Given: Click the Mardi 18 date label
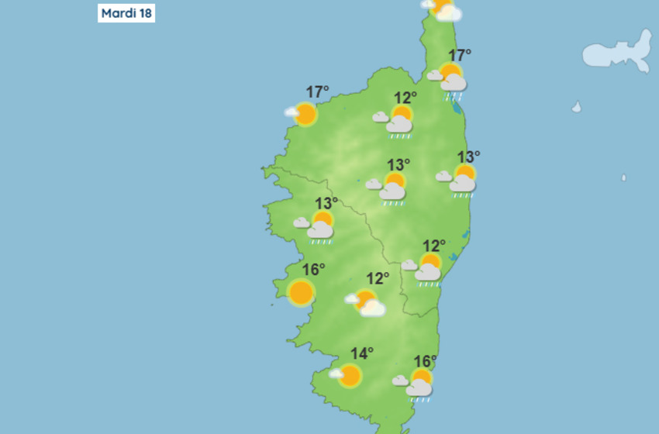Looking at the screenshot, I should [x=126, y=14].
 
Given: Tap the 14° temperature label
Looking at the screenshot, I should [x=361, y=354].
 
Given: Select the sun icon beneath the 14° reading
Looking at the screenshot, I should [x=348, y=376].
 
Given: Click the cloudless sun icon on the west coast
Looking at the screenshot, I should [x=301, y=293].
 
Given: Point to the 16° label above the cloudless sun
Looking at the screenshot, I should [x=313, y=270].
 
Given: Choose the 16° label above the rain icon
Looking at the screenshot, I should [x=425, y=361].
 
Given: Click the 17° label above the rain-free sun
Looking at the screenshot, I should [x=317, y=92].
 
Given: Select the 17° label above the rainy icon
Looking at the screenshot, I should [x=460, y=55].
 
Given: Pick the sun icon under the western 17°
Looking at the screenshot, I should [x=305, y=115].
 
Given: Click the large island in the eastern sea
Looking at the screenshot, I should [x=618, y=53].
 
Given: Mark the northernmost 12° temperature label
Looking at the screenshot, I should [x=405, y=98].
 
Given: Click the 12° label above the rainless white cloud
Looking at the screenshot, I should [x=378, y=278].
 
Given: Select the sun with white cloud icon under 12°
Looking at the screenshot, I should [x=367, y=302].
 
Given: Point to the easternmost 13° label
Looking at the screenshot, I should [x=468, y=157].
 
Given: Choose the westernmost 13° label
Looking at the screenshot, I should [x=326, y=203].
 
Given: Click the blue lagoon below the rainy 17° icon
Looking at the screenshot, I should [x=460, y=107].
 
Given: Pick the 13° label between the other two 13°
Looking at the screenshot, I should [x=398, y=164].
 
